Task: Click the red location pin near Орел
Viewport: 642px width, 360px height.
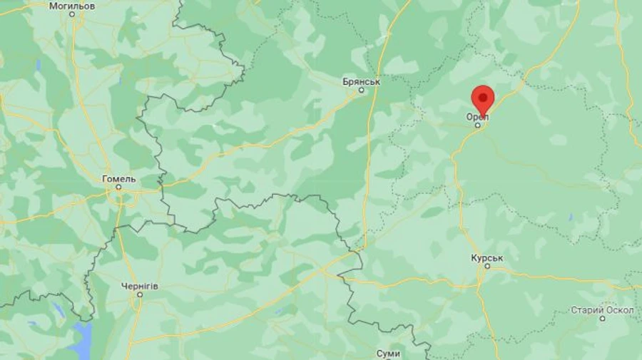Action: (484, 100)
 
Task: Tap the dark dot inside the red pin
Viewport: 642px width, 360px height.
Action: (484, 96)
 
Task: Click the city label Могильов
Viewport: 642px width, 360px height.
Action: (72, 6)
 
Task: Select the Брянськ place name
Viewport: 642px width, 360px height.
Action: (362, 81)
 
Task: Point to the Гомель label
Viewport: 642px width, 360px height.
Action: (119, 178)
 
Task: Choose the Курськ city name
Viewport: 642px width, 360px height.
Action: (488, 257)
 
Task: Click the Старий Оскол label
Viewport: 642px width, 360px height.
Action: (602, 310)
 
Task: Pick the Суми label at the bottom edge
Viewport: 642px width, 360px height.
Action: (389, 354)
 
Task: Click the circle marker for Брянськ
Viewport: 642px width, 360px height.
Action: (361, 90)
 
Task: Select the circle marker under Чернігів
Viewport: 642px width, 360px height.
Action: (138, 294)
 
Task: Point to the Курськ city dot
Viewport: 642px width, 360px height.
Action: (487, 266)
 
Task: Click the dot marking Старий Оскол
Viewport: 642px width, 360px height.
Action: (602, 319)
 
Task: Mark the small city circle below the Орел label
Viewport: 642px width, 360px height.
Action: (478, 125)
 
